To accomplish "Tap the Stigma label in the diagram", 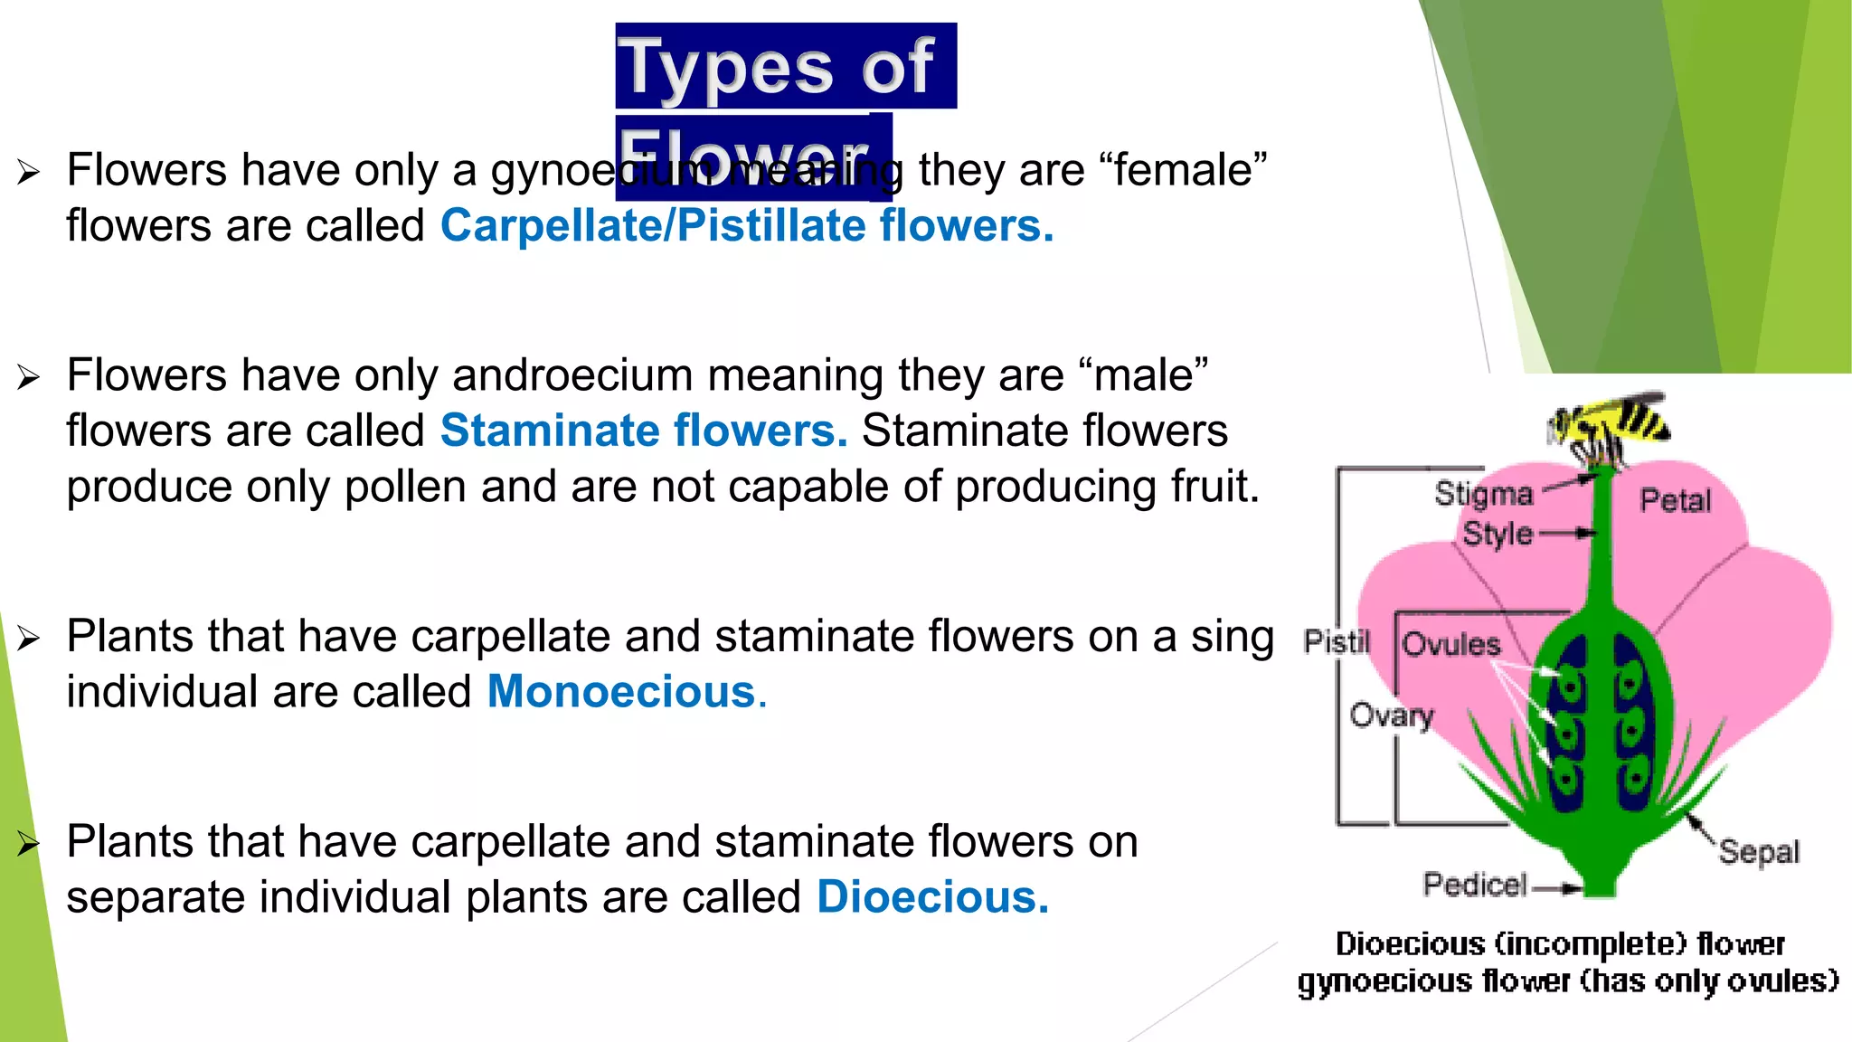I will click(1483, 494).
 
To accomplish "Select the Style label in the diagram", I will click(1498, 534).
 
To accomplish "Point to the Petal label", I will click(1676, 500).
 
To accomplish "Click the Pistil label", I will click(1337, 641).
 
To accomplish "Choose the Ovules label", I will click(1450, 644).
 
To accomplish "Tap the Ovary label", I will click(1392, 715).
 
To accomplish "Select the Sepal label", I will click(1759, 852).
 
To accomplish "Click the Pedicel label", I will click(1475, 884).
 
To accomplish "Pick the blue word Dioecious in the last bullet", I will click(931, 897).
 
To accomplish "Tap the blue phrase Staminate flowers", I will click(643, 431).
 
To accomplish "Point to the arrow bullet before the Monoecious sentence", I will click(28, 639).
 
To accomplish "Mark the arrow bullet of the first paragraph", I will click(28, 172).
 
